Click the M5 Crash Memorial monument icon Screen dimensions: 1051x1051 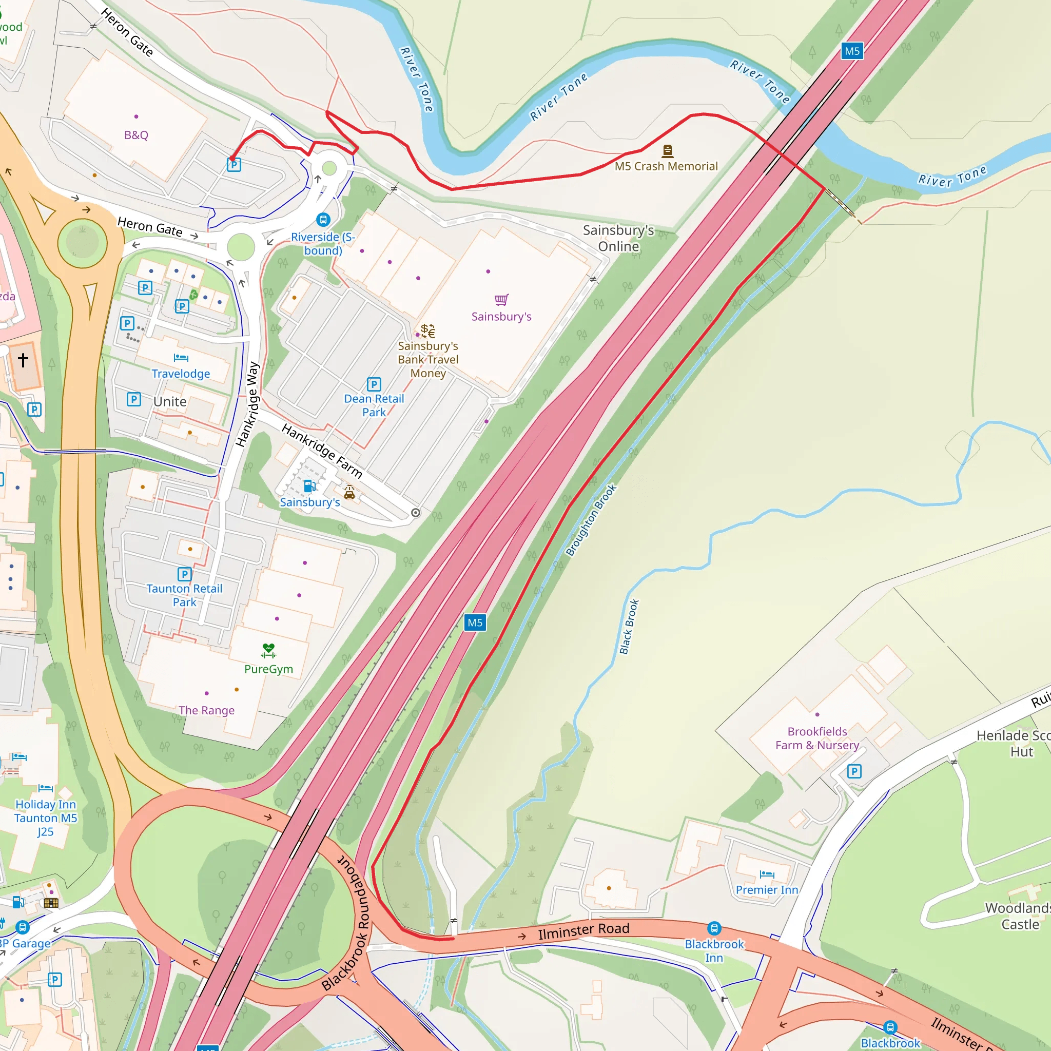point(668,151)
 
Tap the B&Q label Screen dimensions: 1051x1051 point(136,135)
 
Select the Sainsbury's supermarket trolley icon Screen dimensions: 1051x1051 point(501,300)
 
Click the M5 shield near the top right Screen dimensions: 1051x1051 point(852,51)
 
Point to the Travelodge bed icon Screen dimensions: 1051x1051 point(181,357)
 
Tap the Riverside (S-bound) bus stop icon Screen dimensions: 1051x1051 point(323,220)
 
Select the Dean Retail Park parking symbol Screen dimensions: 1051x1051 point(374,384)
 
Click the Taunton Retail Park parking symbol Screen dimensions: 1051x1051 point(184,574)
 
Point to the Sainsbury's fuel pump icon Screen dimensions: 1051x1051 point(309,486)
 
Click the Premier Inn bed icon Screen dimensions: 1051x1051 point(767,874)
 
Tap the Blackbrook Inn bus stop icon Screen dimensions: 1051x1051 point(714,928)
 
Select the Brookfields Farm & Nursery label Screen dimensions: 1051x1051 point(817,738)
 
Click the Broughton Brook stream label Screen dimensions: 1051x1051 point(591,520)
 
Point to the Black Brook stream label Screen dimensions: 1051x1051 point(629,627)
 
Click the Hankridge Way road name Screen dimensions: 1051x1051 point(248,404)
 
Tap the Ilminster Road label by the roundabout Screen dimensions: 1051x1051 point(583,931)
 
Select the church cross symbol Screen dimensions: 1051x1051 point(23,360)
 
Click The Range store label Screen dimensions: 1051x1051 point(207,710)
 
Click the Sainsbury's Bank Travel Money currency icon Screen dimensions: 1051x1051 point(428,331)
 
